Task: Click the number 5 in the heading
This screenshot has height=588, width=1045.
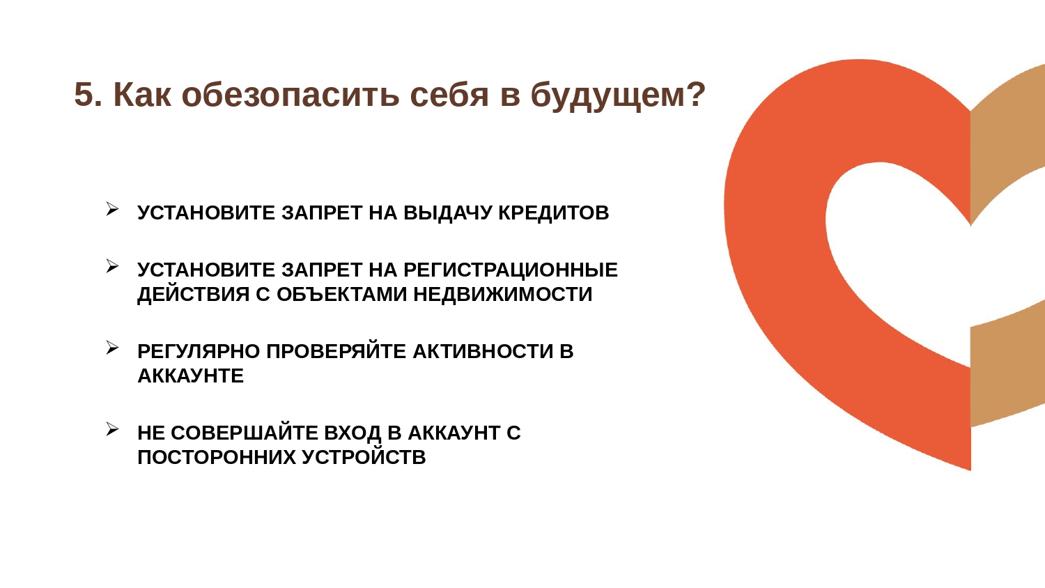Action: [x=84, y=95]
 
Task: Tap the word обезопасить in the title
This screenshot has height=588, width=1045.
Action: [x=291, y=95]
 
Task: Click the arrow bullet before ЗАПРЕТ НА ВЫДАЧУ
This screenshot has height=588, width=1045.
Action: [x=112, y=208]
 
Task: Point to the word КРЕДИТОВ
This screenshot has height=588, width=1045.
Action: [x=554, y=212]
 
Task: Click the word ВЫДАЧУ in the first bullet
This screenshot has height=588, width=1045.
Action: [x=448, y=212]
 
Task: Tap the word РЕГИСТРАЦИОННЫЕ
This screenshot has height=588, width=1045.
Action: [x=511, y=270]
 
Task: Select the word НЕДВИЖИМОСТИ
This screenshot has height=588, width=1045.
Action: [x=503, y=294]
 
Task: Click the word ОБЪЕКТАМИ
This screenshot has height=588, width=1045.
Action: [x=342, y=294]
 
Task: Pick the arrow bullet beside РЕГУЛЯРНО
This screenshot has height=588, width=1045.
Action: [x=112, y=348]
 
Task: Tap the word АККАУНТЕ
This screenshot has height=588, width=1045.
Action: [x=191, y=376]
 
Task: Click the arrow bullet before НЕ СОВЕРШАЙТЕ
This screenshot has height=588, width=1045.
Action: [x=112, y=429]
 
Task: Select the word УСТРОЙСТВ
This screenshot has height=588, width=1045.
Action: [x=364, y=457]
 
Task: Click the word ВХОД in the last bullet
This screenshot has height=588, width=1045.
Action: [x=353, y=433]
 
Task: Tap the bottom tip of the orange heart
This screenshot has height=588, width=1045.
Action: [x=970, y=470]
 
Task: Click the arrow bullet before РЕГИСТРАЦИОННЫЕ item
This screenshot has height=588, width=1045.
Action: [x=112, y=266]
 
